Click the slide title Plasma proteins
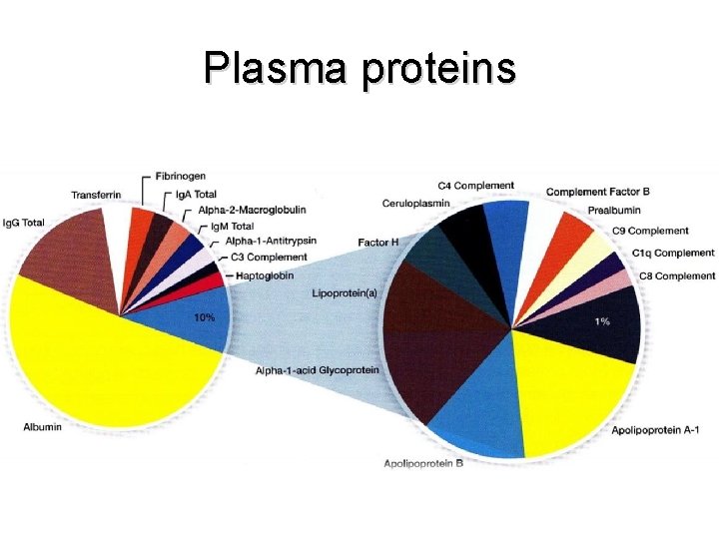(359, 68)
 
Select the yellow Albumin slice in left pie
(110, 359)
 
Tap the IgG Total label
(24, 222)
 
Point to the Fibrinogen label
(180, 177)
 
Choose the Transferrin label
(96, 194)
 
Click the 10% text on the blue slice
(204, 317)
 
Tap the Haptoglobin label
(265, 274)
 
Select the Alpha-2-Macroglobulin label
(252, 210)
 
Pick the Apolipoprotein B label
(423, 463)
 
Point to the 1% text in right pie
(602, 321)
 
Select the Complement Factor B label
(597, 192)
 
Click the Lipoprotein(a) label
(345, 293)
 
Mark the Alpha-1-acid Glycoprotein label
(317, 370)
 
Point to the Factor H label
(378, 243)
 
